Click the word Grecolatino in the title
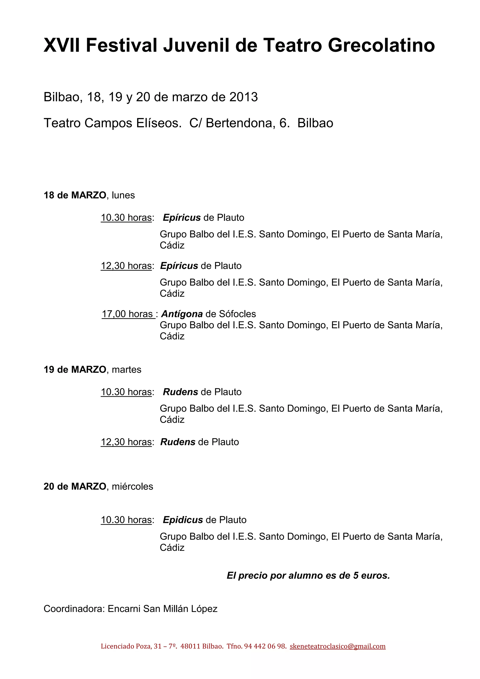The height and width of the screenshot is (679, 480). click(381, 45)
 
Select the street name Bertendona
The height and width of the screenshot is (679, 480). click(239, 123)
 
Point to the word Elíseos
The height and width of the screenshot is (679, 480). click(158, 123)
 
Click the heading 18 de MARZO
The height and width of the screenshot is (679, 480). click(75, 195)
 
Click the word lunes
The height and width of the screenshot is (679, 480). click(123, 195)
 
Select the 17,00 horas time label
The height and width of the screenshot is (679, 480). click(127, 314)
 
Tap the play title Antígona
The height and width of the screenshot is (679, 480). click(182, 314)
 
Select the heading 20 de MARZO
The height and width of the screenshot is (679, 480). click(75, 486)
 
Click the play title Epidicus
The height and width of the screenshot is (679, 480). click(183, 520)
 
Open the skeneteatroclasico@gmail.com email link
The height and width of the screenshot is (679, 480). click(337, 646)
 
